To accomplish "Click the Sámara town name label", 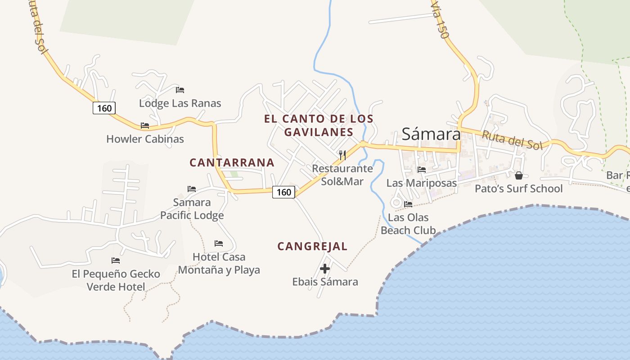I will coord(431,134).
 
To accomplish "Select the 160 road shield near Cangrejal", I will coord(284,192).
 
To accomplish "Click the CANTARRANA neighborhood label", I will coord(232,162).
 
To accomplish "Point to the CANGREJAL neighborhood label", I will coord(312,246).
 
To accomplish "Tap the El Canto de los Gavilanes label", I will coord(319,126).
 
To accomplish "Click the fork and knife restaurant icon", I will coord(342,155).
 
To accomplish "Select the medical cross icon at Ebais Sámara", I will coord(325,269).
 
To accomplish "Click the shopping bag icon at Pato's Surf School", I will coord(518,175).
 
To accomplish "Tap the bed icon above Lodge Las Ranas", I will coord(180,90).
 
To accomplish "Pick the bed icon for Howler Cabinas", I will coord(144,126).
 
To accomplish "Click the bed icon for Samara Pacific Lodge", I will coord(192,189).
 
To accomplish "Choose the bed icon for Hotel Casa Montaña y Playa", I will coord(219,243).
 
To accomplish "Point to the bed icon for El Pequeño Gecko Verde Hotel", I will coord(116,260).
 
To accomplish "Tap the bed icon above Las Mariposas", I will coord(422,170).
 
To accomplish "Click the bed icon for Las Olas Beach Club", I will coord(408,204).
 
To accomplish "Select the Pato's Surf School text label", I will coord(518,189).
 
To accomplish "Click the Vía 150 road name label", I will coord(441,25).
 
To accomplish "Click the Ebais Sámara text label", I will coord(325,282).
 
